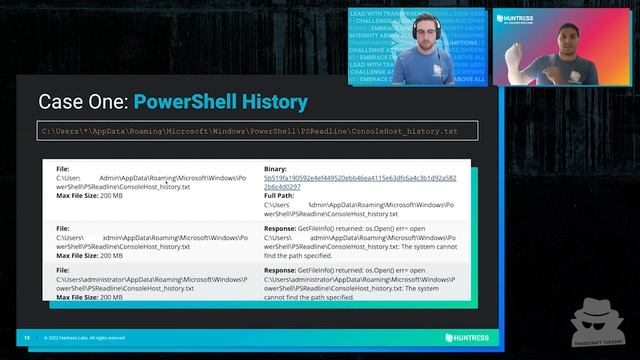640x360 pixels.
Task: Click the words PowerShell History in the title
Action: (220, 102)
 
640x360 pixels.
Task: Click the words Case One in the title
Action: (83, 102)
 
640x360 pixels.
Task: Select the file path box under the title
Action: (257, 131)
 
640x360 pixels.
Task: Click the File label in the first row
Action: (63, 169)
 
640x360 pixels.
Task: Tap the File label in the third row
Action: (63, 270)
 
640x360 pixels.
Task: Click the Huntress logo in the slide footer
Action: (466, 338)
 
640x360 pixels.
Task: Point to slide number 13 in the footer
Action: (27, 338)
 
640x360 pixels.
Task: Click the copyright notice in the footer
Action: (85, 338)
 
